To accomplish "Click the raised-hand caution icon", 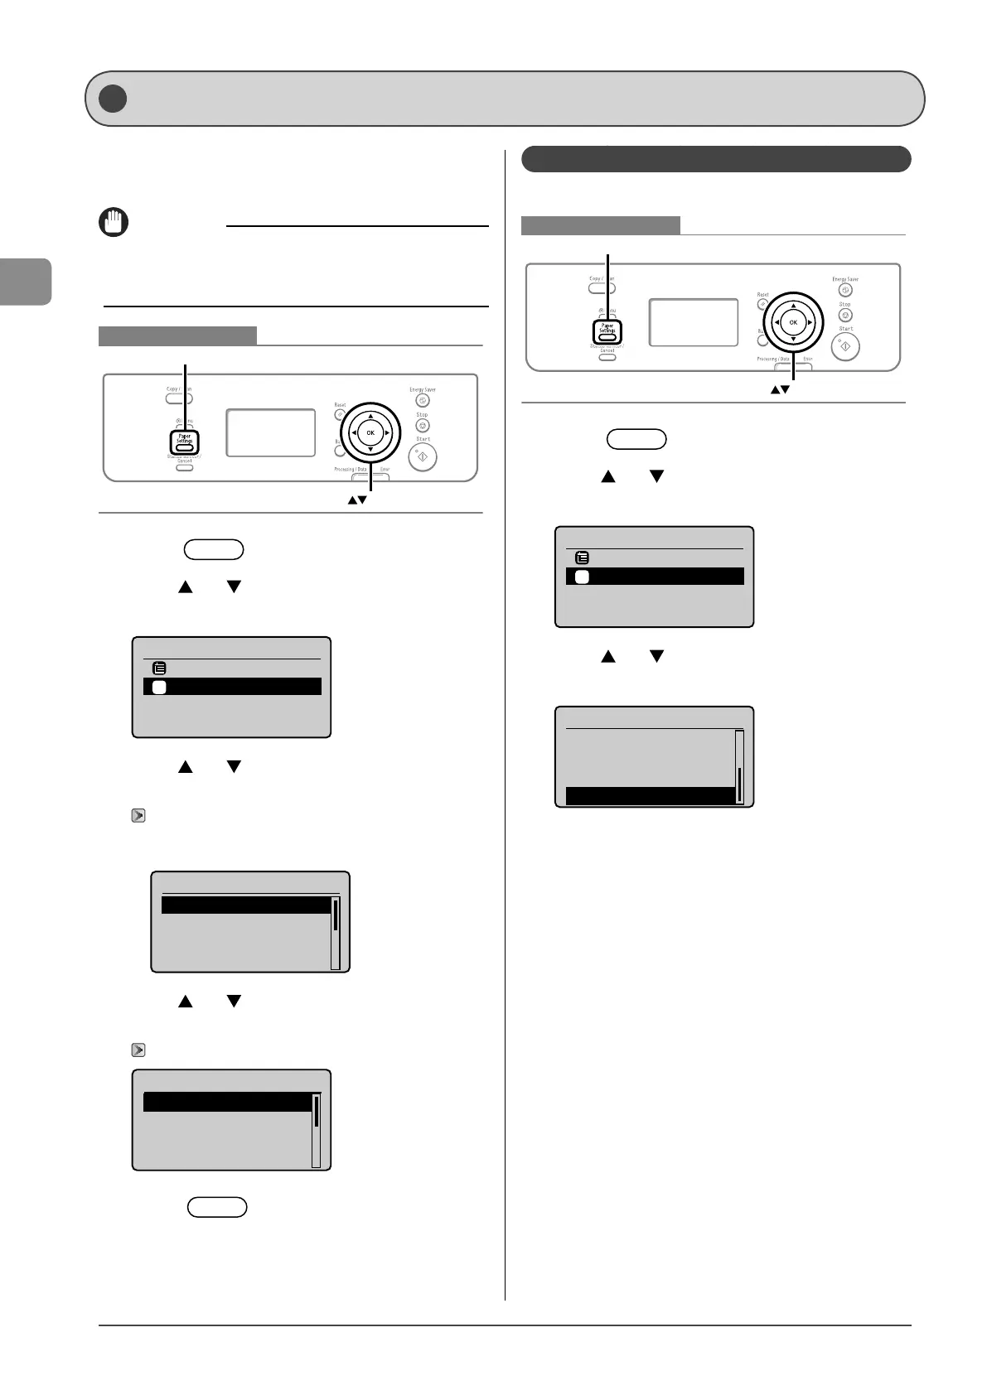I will click(x=114, y=223).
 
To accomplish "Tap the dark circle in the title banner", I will click(x=113, y=99).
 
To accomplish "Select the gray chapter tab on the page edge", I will click(x=26, y=282).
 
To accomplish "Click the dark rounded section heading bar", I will click(x=716, y=159).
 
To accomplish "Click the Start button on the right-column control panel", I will click(x=845, y=346).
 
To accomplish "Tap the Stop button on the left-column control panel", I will click(x=423, y=426).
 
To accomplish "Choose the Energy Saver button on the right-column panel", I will click(x=845, y=290).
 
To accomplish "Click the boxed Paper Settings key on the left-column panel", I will click(x=185, y=441).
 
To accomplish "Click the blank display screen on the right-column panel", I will click(x=694, y=322).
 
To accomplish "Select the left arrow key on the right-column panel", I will click(x=777, y=322).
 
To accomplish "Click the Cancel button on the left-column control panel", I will click(x=184, y=467).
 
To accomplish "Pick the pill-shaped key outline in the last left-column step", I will click(x=217, y=1206).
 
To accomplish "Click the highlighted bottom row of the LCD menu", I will click(x=651, y=796).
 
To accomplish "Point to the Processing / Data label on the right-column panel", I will click(x=772, y=359).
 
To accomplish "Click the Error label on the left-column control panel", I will click(x=385, y=469).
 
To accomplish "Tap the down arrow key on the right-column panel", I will click(x=793, y=339).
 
